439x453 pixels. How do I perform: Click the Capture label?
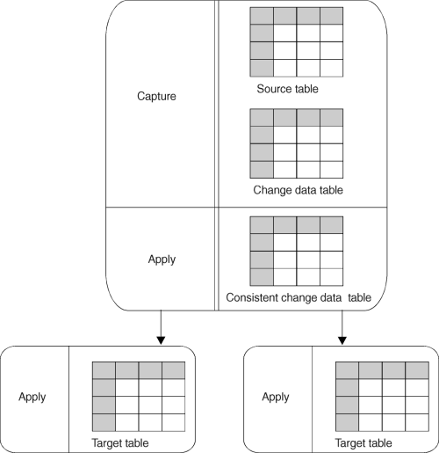tap(157, 96)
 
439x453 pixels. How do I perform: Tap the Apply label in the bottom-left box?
tap(32, 397)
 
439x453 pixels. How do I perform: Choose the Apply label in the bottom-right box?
tap(276, 397)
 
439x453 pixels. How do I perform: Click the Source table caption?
tap(287, 90)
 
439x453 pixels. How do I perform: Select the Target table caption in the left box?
tap(120, 442)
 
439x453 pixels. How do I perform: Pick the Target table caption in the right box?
tap(363, 442)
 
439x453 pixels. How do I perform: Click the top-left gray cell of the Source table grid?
tap(262, 16)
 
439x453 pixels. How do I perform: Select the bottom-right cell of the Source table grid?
tap(330, 66)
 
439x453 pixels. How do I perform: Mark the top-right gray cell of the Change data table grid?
tap(330, 118)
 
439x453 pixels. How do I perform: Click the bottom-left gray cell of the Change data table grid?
tap(262, 168)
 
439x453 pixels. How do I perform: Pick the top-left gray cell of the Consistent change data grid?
tap(262, 225)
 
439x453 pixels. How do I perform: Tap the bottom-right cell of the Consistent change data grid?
tap(330, 276)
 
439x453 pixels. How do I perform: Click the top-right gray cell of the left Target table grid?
tap(173, 370)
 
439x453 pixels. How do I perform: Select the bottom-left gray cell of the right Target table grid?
tap(347, 420)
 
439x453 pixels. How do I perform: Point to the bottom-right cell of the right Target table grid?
tap(415, 420)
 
